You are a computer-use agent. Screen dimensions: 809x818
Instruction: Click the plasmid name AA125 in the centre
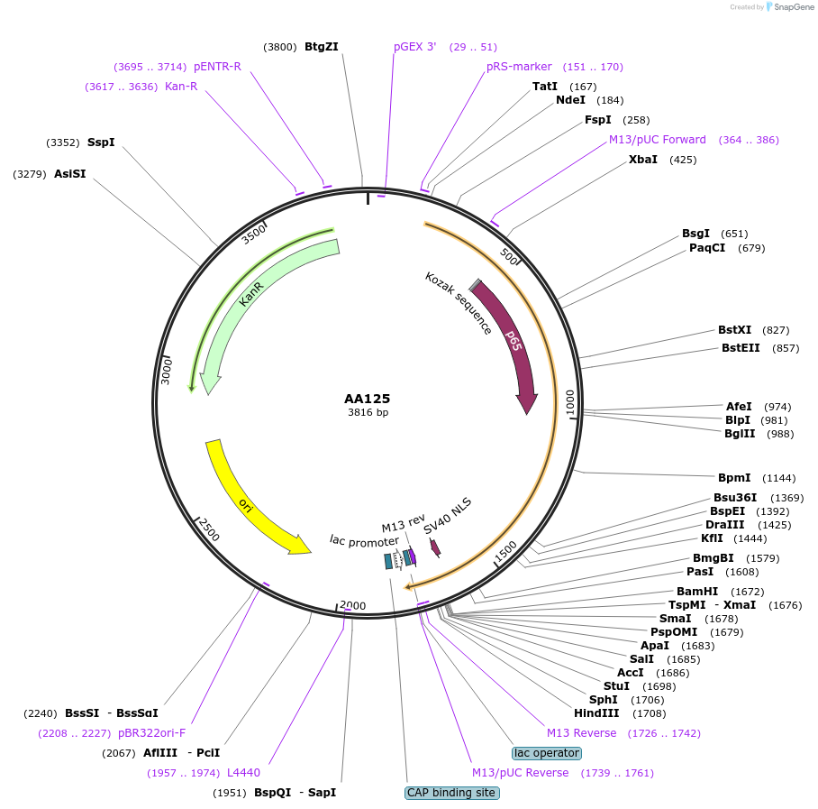pyautogui.click(x=367, y=398)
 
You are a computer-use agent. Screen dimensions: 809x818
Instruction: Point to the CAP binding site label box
pyautogui.click(x=451, y=793)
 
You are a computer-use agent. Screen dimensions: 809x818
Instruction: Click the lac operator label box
pyautogui.click(x=546, y=753)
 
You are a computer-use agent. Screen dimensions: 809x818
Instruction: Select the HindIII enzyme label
pyautogui.click(x=595, y=713)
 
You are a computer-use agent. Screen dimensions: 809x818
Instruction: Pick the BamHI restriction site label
pyautogui.click(x=696, y=592)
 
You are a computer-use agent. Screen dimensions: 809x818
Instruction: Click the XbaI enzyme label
pyautogui.click(x=643, y=160)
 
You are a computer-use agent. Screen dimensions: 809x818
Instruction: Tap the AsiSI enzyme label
pyautogui.click(x=69, y=174)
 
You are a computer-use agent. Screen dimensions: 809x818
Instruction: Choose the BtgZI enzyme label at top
pyautogui.click(x=322, y=47)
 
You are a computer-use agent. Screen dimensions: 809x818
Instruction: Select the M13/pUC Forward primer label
pyautogui.click(x=658, y=140)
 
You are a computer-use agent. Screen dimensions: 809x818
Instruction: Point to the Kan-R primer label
pyautogui.click(x=181, y=87)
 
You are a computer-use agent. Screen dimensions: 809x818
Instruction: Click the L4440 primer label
pyautogui.click(x=243, y=773)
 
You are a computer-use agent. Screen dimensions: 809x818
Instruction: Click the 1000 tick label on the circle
pyautogui.click(x=569, y=402)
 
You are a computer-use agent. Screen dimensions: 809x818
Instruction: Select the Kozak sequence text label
pyautogui.click(x=458, y=302)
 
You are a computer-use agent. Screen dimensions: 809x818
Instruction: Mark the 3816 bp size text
pyautogui.click(x=368, y=413)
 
